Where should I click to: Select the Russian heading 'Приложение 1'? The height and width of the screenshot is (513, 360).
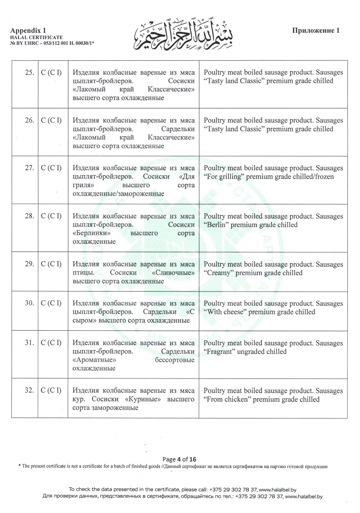click(315, 31)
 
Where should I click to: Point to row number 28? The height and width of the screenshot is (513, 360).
click(30, 216)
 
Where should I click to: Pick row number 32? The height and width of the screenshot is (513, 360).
click(30, 390)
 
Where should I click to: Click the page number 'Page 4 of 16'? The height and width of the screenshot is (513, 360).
click(180, 459)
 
